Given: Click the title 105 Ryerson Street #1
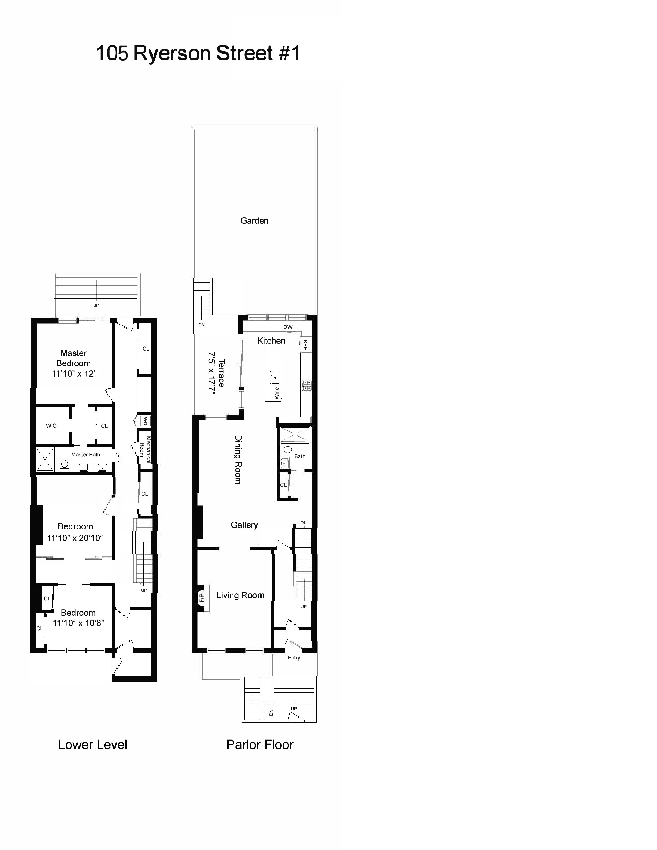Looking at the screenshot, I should click(198, 53).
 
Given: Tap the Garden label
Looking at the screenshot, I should click(254, 221).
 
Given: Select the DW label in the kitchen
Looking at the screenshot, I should click(288, 327).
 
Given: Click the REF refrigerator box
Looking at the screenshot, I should click(306, 344).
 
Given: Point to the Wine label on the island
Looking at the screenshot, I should click(277, 393).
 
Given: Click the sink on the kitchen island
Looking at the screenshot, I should click(275, 377).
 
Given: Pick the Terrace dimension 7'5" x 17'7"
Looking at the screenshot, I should click(212, 374).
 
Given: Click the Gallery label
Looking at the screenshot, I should click(244, 525).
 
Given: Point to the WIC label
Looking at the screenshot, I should click(51, 426).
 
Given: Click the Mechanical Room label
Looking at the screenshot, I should click(145, 449).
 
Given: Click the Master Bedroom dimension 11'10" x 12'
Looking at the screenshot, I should click(74, 374).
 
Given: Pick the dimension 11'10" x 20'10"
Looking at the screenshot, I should click(75, 538).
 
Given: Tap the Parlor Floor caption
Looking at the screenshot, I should click(260, 745).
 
